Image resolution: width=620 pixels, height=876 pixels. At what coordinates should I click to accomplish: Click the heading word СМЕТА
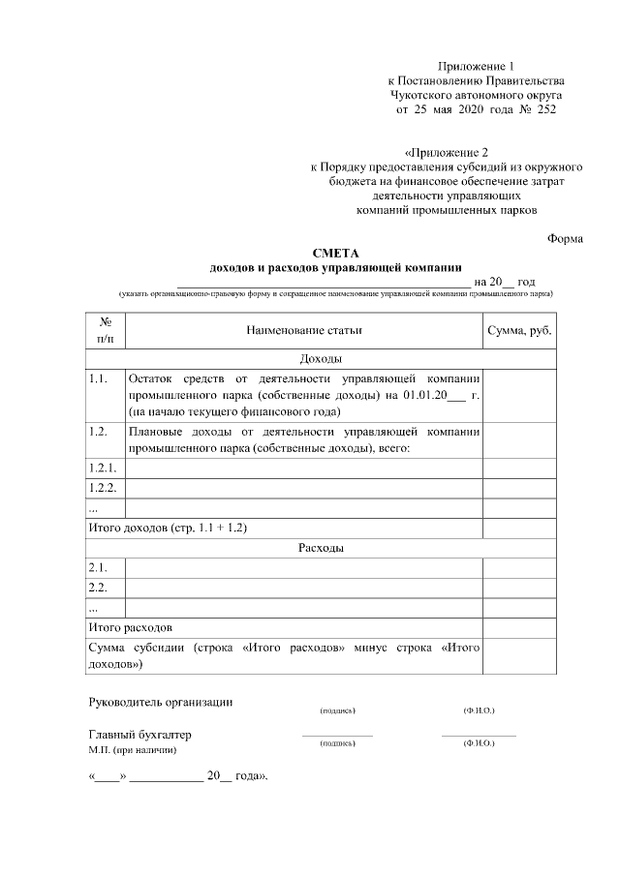(x=336, y=254)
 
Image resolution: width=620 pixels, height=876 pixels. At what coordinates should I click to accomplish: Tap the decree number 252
(x=545, y=110)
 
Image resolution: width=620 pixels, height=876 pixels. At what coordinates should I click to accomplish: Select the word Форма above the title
(x=565, y=238)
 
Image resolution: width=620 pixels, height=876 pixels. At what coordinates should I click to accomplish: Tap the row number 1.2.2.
(x=102, y=487)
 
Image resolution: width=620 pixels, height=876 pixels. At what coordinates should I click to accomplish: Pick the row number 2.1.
(x=97, y=567)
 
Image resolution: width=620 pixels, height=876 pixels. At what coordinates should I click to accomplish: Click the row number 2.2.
(x=97, y=588)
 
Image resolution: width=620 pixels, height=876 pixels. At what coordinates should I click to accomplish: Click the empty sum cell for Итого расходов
(x=519, y=627)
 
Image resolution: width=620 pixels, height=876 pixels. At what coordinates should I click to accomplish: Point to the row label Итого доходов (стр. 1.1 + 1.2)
(x=168, y=528)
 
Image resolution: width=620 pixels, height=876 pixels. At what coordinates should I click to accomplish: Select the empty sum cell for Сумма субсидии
(x=519, y=655)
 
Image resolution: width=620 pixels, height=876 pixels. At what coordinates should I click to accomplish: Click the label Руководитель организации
(x=161, y=702)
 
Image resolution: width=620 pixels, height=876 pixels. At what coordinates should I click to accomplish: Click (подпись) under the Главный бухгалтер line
(x=337, y=743)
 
